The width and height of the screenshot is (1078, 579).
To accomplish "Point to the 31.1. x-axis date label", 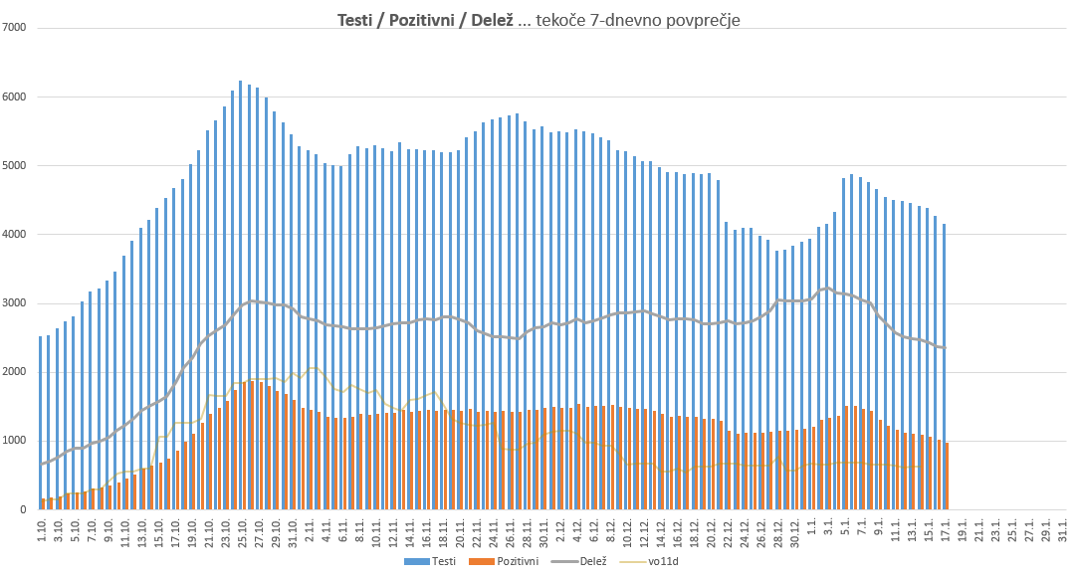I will pyautogui.click(x=1063, y=527).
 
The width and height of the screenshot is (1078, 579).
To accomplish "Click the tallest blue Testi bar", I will pyautogui.click(x=240, y=298).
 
